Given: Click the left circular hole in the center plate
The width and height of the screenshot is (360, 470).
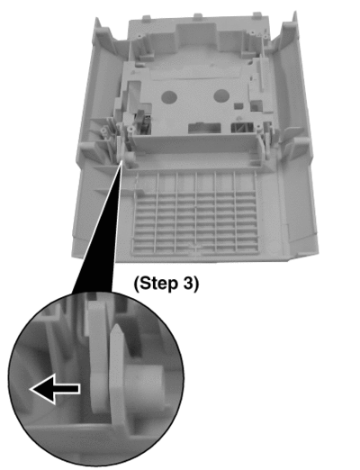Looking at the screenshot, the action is (x=169, y=97).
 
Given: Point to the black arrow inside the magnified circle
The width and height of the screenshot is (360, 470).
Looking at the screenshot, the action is (x=55, y=389).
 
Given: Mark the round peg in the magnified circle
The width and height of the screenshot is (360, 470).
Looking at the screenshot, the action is (x=145, y=386).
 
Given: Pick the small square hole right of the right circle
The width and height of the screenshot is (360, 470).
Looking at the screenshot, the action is (x=238, y=106).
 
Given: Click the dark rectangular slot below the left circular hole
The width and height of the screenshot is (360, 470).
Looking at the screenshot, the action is (x=204, y=128).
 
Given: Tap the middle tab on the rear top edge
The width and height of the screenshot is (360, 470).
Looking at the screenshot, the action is (x=198, y=16).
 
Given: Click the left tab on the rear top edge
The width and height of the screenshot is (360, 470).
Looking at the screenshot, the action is (x=147, y=18).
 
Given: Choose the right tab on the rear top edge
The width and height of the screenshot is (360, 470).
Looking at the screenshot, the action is (x=256, y=15).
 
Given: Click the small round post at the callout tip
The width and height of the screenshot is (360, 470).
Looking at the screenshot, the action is (x=130, y=158).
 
